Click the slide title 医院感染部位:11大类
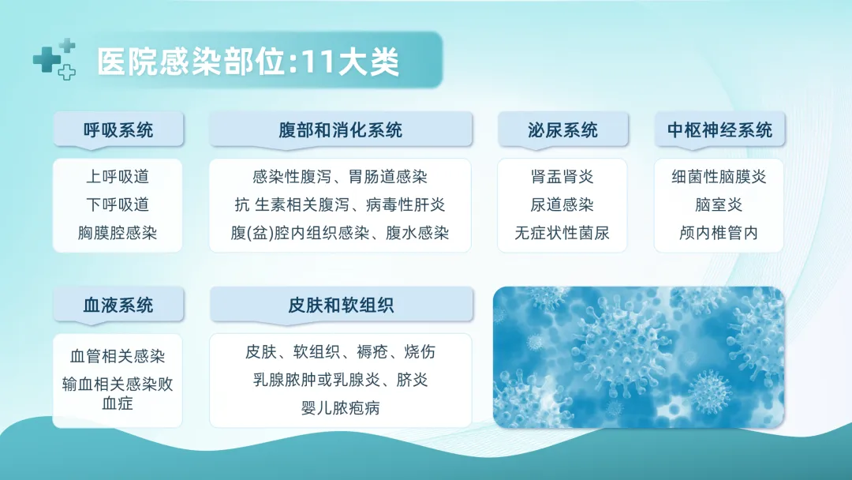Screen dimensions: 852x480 pyautogui.click(x=248, y=62)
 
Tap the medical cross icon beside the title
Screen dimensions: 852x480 pyautogui.click(x=54, y=59)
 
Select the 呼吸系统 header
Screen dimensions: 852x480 pyautogui.click(x=118, y=130)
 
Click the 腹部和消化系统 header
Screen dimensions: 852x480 pyautogui.click(x=341, y=130)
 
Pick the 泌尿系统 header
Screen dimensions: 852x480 pyautogui.click(x=563, y=130)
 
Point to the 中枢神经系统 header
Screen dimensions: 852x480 pyautogui.click(x=720, y=130)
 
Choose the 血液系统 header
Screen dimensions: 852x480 pyautogui.click(x=118, y=305)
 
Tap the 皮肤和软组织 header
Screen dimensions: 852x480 pyautogui.click(x=342, y=305)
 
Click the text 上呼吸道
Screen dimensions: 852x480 pyautogui.click(x=118, y=177)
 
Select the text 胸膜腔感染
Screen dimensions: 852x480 pyautogui.click(x=118, y=233)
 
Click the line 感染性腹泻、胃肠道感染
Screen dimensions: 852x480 pyautogui.click(x=340, y=177)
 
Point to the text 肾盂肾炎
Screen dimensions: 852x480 pyautogui.click(x=562, y=177)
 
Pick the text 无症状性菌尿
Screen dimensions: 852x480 pyautogui.click(x=562, y=233)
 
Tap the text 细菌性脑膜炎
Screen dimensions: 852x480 pyautogui.click(x=719, y=177)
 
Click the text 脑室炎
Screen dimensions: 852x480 pyautogui.click(x=719, y=205)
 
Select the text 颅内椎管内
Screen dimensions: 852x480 pyautogui.click(x=719, y=233)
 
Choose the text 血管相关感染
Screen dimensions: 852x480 pyautogui.click(x=118, y=356)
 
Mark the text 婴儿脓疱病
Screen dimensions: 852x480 pyautogui.click(x=341, y=407)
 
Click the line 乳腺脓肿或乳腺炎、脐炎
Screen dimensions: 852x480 pyautogui.click(x=341, y=380)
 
